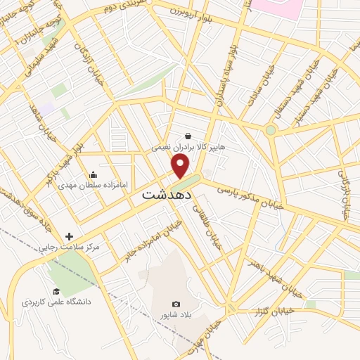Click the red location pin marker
click(181, 166)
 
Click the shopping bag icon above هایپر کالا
click(188, 136)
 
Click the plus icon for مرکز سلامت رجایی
click(68, 236)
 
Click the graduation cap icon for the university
click(56, 291)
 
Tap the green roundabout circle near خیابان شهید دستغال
click(271, 130)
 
